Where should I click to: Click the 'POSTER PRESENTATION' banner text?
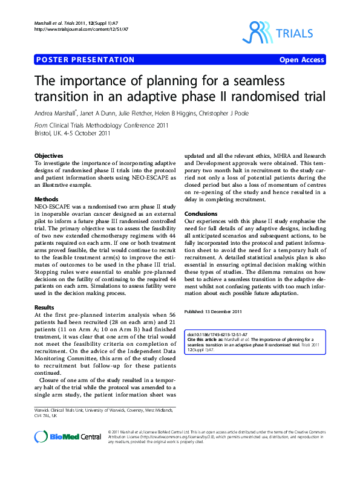click(85, 60)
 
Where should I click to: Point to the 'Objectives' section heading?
click(49, 156)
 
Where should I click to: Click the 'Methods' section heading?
click(47, 199)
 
